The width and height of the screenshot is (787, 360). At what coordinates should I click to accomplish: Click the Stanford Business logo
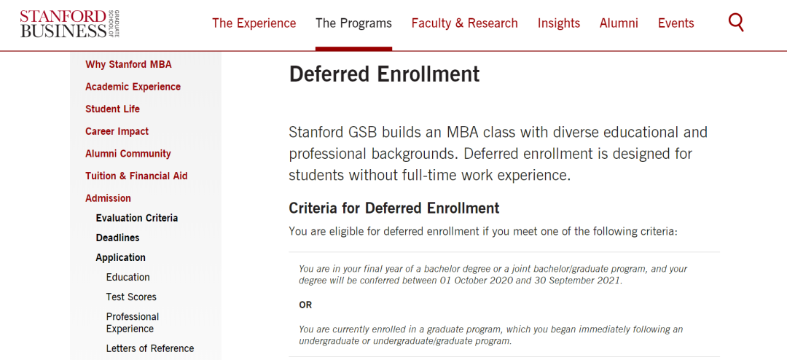coord(70,23)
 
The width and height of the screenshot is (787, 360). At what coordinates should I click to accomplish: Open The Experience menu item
coord(254,23)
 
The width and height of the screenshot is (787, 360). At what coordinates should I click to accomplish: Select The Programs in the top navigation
coord(354,23)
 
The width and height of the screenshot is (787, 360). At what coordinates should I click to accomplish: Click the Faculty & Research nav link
coord(465,23)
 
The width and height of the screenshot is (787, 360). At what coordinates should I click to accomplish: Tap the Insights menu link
coord(559,23)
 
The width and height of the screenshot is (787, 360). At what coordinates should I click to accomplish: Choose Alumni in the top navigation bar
coord(619,23)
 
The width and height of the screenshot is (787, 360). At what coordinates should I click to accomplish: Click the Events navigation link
coord(676,23)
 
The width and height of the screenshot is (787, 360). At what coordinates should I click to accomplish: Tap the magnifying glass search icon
coord(736,23)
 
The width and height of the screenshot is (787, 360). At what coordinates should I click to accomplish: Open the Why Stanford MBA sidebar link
coord(128,64)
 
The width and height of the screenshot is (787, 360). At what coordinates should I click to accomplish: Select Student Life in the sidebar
coord(112,109)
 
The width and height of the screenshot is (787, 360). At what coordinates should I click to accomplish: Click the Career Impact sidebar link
coord(117,132)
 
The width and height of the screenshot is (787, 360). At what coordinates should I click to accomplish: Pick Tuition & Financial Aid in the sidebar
coord(136,176)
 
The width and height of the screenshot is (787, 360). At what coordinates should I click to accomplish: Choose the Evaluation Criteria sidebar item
coord(137,218)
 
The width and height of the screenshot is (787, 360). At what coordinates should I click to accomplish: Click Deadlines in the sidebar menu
coord(118,238)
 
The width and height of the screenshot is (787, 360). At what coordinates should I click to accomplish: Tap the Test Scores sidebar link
coord(131,297)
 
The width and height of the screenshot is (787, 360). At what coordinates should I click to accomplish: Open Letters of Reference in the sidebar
coord(150,348)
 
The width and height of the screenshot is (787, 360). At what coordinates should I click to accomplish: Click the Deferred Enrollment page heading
coord(385,74)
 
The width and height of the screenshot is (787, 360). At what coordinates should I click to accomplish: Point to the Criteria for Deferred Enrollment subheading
coord(394,208)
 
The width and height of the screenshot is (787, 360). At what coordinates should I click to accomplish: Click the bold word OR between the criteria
coord(305,305)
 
